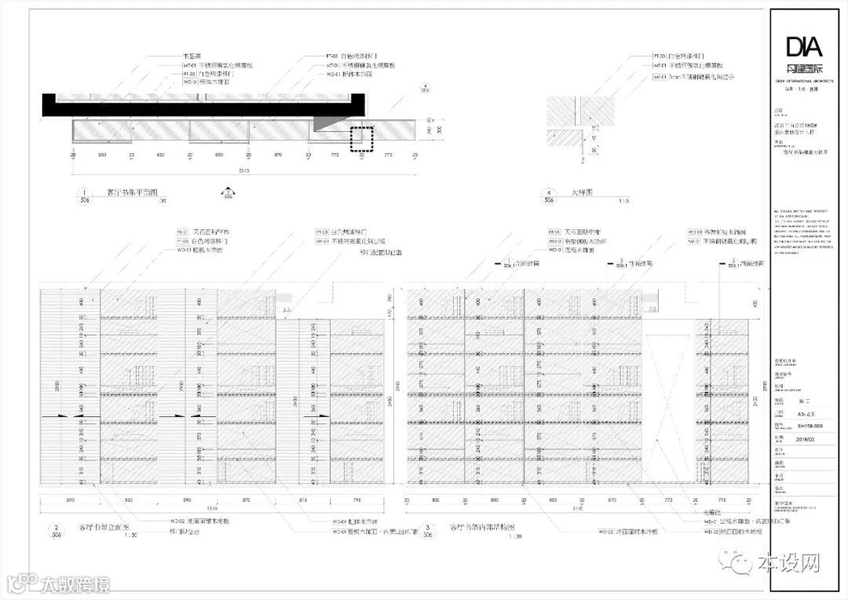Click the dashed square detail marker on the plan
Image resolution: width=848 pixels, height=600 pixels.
tap(361, 139)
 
